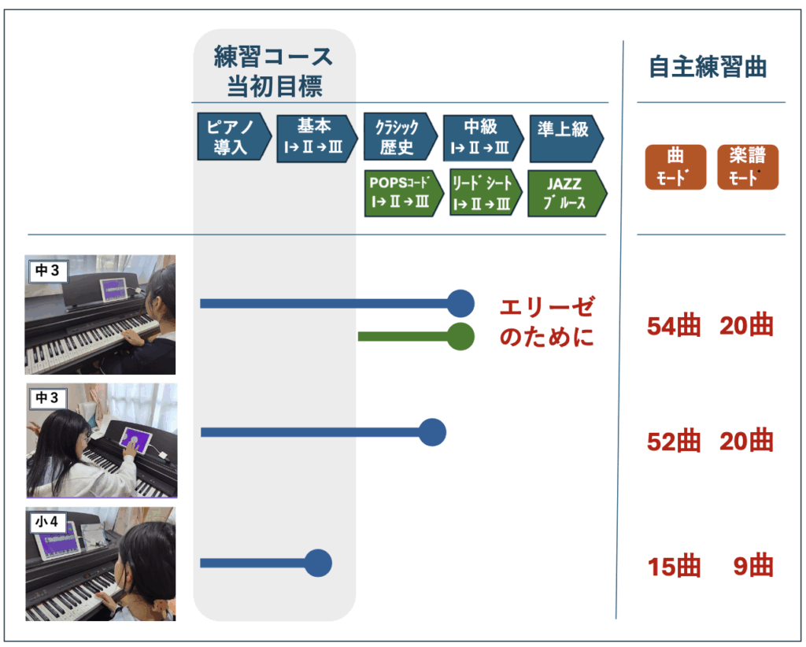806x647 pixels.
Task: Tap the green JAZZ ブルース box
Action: (568, 193)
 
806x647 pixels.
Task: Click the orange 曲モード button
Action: (675, 167)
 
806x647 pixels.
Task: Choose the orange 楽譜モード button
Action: (748, 167)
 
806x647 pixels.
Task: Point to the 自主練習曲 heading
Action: (708, 68)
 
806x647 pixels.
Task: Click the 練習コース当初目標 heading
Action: (274, 71)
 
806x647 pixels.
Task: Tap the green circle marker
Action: (460, 337)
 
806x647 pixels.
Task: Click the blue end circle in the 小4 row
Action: (318, 564)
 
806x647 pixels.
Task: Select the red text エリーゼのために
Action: (547, 322)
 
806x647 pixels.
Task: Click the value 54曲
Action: (674, 326)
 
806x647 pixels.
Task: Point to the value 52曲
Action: (674, 441)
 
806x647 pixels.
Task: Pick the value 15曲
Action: (674, 566)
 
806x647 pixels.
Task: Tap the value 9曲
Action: (753, 565)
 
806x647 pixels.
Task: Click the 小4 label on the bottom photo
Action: (46, 522)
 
